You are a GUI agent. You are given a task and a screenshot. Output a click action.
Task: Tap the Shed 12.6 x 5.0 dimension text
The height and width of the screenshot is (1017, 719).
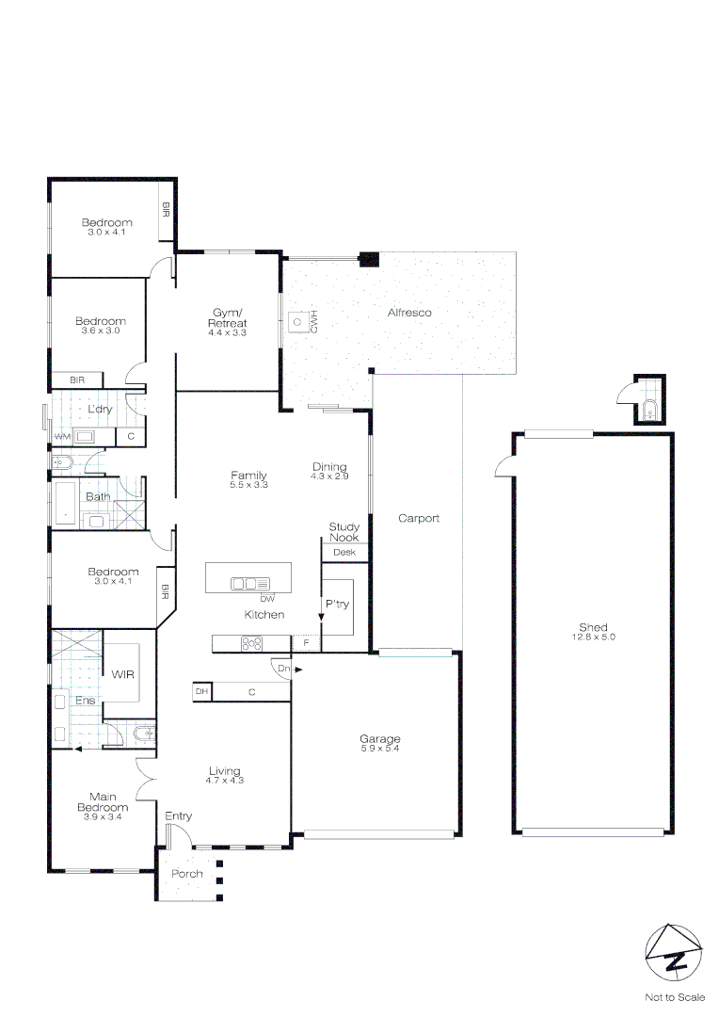[x=593, y=638]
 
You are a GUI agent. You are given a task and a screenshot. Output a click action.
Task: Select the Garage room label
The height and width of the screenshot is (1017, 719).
[x=380, y=738]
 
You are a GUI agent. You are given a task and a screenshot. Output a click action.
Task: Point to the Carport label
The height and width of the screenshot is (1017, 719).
[x=419, y=518]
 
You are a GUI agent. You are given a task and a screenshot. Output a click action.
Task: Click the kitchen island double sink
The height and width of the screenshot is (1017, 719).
[x=249, y=584]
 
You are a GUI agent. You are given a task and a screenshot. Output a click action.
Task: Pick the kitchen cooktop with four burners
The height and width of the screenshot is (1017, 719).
[x=252, y=643]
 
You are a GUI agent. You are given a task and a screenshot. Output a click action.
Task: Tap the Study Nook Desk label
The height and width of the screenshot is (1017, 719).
[x=344, y=552]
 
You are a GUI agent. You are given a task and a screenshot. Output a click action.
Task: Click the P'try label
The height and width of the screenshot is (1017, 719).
[x=337, y=604]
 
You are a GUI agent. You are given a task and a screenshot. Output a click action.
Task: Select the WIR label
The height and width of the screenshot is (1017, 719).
[x=123, y=674]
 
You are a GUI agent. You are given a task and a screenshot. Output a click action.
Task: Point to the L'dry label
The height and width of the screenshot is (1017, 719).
[x=100, y=409]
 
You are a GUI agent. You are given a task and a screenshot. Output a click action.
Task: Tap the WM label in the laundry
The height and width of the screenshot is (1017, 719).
[x=62, y=438]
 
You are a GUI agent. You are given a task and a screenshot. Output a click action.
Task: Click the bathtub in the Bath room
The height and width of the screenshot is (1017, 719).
[x=66, y=502]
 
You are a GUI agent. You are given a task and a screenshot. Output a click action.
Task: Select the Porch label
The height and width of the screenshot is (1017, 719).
[x=186, y=874]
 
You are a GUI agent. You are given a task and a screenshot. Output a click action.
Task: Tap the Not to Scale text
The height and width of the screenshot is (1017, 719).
[x=674, y=996]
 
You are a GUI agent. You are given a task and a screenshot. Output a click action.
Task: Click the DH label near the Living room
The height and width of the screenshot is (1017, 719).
[x=200, y=692]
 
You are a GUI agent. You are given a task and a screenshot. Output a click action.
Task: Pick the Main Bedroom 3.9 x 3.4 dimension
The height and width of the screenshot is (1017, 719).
[x=102, y=816]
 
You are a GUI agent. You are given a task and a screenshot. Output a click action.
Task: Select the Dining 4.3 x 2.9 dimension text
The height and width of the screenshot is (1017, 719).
[x=329, y=477]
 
